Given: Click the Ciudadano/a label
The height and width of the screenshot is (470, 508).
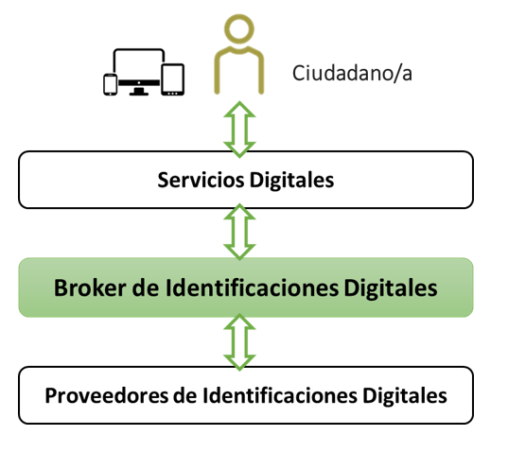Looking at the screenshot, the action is pos(352,73).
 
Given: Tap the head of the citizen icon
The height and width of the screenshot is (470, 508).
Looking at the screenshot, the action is pos(239,28).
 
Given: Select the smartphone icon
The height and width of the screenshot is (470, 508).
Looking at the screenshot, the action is pos(110,84).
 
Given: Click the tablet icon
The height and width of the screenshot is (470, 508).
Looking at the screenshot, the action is pos(173,79).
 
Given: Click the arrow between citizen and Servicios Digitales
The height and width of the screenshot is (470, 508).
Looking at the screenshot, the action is pos(239,130).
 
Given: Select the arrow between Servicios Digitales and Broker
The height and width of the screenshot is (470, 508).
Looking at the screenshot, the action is pos(239,232).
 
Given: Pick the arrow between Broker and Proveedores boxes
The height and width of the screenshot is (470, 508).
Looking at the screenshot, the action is pos(239,342).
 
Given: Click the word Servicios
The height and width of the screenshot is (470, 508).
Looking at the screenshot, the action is pos(201,180).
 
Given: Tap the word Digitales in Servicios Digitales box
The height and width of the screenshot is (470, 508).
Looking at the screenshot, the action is pos(291,180).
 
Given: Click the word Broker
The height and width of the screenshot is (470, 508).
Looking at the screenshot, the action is pos(90,287).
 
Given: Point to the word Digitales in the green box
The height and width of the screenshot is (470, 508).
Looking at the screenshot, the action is pos(391,287).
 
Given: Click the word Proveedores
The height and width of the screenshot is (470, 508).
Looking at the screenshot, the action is pos(107,395).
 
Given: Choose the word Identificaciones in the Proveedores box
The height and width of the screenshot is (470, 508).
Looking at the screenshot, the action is pos(280,395).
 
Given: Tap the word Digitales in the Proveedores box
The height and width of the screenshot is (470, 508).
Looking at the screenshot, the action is pos(405,395).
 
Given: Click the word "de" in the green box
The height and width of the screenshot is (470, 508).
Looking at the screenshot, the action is pos(146,287).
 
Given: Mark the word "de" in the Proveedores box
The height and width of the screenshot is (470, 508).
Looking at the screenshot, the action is pos(185,395).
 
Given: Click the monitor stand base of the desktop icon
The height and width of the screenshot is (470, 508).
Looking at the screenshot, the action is pos(139,94).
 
